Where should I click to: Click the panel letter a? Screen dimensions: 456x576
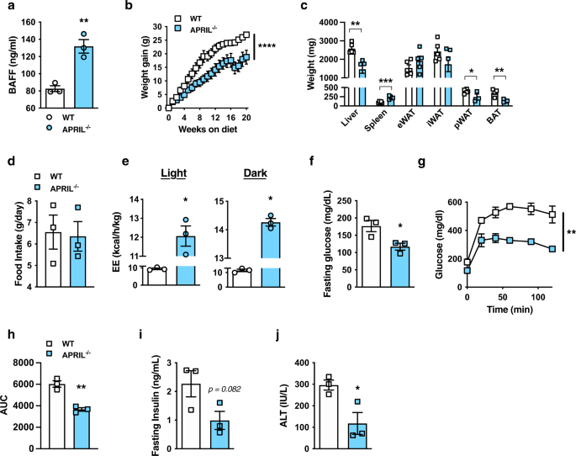click(x=6, y=7)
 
